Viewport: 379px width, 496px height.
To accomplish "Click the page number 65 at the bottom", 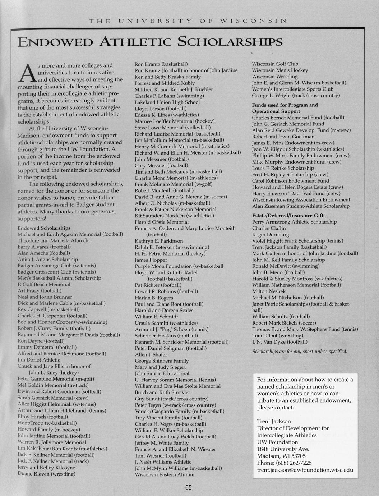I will (x=189, y=488).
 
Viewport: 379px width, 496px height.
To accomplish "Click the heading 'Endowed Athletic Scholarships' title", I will (x=150, y=42).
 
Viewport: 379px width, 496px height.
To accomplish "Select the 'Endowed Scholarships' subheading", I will (x=44, y=228).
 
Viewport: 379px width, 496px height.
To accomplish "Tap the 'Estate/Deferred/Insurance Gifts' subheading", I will (x=289, y=215).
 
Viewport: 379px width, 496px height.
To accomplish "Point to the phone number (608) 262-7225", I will (x=284, y=463).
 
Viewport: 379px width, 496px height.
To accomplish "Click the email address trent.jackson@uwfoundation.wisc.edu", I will (x=305, y=470).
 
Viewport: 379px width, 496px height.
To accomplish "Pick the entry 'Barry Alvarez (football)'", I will (x=44, y=247).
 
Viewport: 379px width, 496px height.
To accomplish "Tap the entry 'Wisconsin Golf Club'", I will (x=275, y=64).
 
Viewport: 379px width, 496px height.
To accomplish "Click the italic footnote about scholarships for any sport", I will (x=300, y=351).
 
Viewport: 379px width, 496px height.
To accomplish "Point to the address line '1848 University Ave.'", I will (x=283, y=449).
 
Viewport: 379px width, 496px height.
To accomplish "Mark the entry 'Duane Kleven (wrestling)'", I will (x=46, y=474).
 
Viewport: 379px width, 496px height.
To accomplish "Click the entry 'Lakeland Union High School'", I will (x=167, y=102).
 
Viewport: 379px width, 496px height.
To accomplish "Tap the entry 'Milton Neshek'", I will (x=269, y=291).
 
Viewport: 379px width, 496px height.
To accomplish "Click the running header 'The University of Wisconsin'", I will (x=188, y=20).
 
